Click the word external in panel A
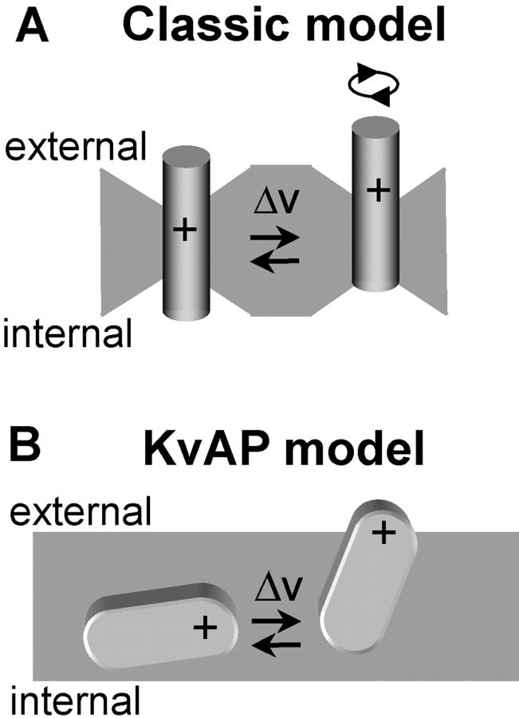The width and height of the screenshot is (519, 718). click(x=75, y=147)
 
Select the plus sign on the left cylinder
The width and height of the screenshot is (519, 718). click(x=184, y=231)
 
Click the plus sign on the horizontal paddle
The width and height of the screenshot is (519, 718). click(x=206, y=629)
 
